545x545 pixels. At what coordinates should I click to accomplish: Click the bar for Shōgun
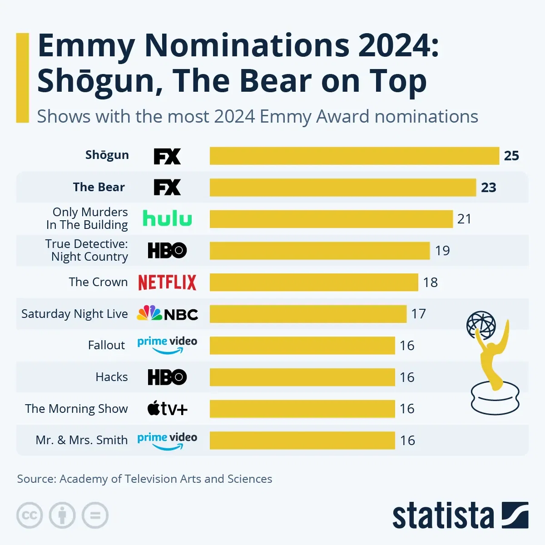[354, 156]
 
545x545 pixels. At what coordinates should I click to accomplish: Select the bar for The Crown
[313, 282]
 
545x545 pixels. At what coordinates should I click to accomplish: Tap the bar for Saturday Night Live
[308, 314]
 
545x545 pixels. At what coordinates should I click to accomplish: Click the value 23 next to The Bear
[489, 188]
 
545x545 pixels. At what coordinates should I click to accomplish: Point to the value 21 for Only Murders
[464, 219]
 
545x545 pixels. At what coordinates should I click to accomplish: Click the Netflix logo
[167, 282]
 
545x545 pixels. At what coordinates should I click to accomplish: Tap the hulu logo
[167, 218]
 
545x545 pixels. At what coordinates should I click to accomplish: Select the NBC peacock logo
[149, 313]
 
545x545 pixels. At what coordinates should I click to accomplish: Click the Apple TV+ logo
[167, 409]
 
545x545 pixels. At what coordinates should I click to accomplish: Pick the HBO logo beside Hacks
[167, 377]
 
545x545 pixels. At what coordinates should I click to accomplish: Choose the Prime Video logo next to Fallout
[167, 345]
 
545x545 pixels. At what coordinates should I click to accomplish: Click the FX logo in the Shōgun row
[167, 156]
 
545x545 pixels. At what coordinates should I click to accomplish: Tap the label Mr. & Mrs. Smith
[82, 440]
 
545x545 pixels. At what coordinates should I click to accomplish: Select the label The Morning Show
[76, 409]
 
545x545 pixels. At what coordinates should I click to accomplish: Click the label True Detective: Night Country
[87, 250]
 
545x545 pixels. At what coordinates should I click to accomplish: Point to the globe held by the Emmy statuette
[481, 325]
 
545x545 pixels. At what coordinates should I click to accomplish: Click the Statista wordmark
[443, 516]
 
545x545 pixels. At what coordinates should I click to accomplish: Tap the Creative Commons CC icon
[30, 515]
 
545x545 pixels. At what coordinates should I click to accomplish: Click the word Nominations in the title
[247, 46]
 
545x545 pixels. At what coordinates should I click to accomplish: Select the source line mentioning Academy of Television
[144, 479]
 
